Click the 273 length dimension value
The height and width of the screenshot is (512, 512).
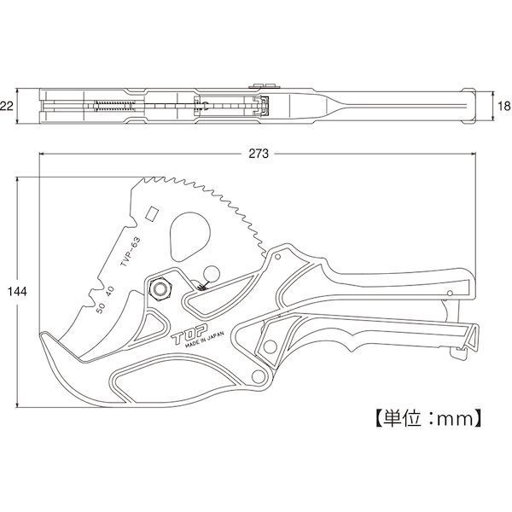(x=259, y=153)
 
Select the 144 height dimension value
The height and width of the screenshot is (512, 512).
(x=17, y=292)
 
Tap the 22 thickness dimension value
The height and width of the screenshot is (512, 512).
(x=7, y=106)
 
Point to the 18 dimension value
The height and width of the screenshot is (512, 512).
(x=505, y=106)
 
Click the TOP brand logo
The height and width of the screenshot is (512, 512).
(x=189, y=335)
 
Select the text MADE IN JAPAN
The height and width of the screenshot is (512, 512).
(x=205, y=340)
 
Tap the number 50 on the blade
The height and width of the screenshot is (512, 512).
(x=100, y=308)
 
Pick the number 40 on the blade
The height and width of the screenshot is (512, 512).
(x=110, y=291)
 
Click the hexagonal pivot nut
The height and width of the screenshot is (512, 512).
(x=160, y=289)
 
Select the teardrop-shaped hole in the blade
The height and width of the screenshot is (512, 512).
(x=190, y=236)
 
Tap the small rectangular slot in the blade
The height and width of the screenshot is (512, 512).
(x=152, y=214)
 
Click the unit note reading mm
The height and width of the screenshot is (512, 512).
(x=455, y=419)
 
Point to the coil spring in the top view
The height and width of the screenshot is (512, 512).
(x=114, y=106)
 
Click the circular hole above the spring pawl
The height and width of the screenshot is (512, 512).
(x=211, y=274)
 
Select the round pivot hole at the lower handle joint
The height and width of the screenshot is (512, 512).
(x=259, y=376)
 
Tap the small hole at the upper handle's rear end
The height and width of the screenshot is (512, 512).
(x=450, y=294)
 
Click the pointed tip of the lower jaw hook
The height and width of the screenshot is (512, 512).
(x=41, y=334)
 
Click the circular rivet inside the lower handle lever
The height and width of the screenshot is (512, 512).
(x=270, y=346)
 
